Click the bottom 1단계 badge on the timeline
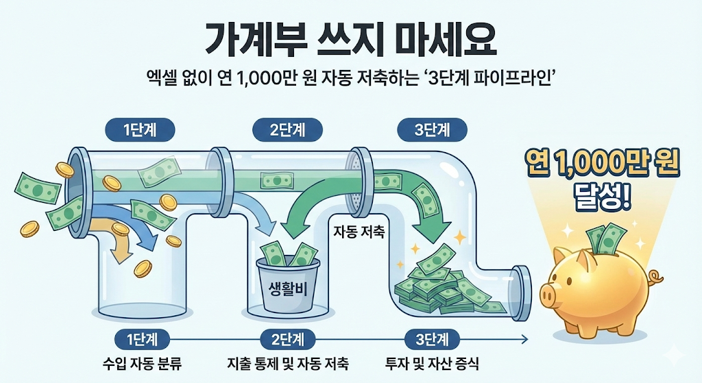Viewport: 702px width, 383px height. coord(139,338)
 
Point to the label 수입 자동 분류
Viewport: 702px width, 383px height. coord(140,361)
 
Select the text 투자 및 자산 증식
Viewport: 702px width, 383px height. coord(433,361)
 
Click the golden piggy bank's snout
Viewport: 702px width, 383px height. coord(547,296)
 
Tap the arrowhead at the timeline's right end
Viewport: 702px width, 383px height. coord(524,338)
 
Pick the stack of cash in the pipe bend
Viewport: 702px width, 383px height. coord(439,284)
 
